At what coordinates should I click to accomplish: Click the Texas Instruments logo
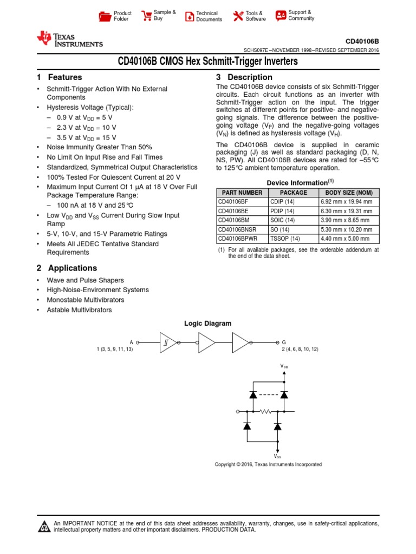click(69, 39)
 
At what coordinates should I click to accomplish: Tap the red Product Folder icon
click(105, 16)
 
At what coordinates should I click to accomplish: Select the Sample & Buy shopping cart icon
click(146, 16)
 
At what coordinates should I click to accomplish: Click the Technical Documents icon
click(190, 16)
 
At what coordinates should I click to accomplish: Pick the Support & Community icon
click(281, 16)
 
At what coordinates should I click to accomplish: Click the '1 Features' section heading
click(59, 77)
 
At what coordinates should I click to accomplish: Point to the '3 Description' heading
click(244, 77)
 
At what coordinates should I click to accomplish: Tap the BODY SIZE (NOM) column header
click(348, 193)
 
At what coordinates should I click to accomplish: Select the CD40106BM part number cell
click(234, 220)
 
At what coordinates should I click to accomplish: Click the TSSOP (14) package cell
click(285, 239)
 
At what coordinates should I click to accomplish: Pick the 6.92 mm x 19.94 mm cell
click(346, 202)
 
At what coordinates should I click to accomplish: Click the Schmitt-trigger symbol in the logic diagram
click(166, 342)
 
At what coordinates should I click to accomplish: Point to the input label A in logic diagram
click(131, 342)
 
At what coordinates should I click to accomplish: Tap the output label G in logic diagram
click(284, 342)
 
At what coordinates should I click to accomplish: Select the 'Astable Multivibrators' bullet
click(79, 310)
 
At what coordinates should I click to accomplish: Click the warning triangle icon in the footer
click(44, 526)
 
